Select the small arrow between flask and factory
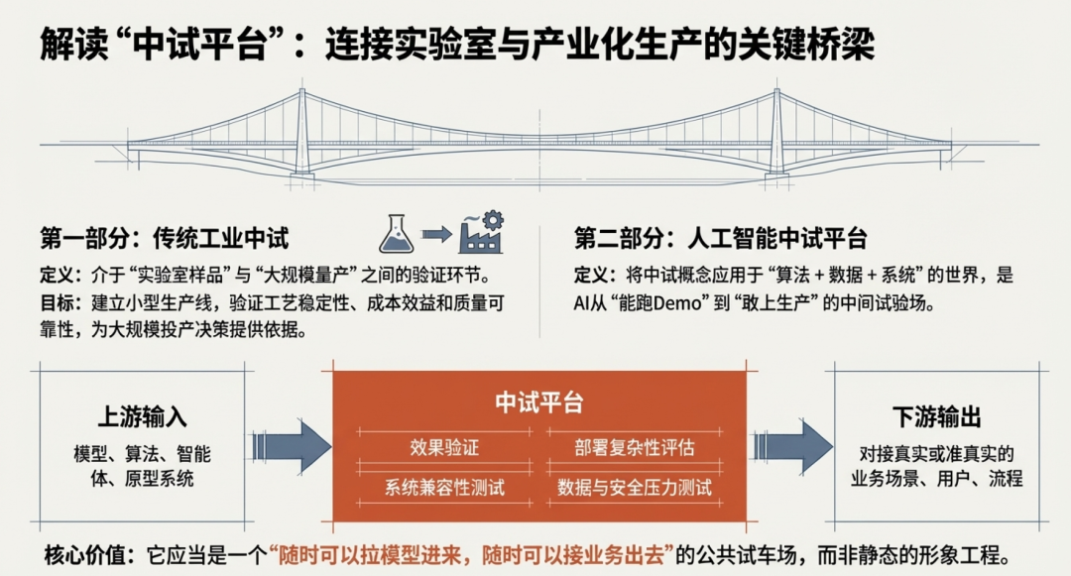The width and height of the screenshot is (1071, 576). point(436,234)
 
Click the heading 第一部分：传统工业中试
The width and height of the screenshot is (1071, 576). point(164,239)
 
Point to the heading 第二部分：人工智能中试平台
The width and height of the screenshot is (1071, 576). point(721,239)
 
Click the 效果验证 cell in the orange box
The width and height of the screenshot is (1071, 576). point(444,447)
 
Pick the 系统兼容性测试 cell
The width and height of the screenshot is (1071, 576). point(444,487)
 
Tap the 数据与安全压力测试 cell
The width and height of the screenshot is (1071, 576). point(635,487)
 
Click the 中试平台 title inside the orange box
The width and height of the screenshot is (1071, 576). point(539,403)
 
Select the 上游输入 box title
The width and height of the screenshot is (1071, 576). point(142,417)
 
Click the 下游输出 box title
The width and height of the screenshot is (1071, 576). point(936,417)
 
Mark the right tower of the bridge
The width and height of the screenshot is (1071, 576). point(776,134)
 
